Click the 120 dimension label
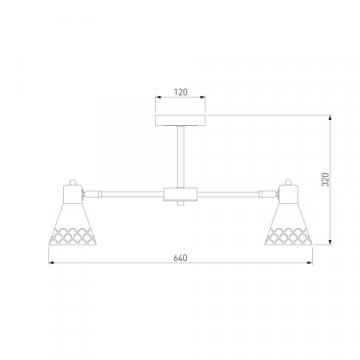click(181, 92)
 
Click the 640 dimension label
click(180, 258)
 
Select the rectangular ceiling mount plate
click(180, 120)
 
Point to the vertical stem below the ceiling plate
click(180, 157)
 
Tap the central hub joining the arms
click(180, 194)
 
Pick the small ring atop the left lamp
click(72, 182)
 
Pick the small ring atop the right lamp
click(288, 182)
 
